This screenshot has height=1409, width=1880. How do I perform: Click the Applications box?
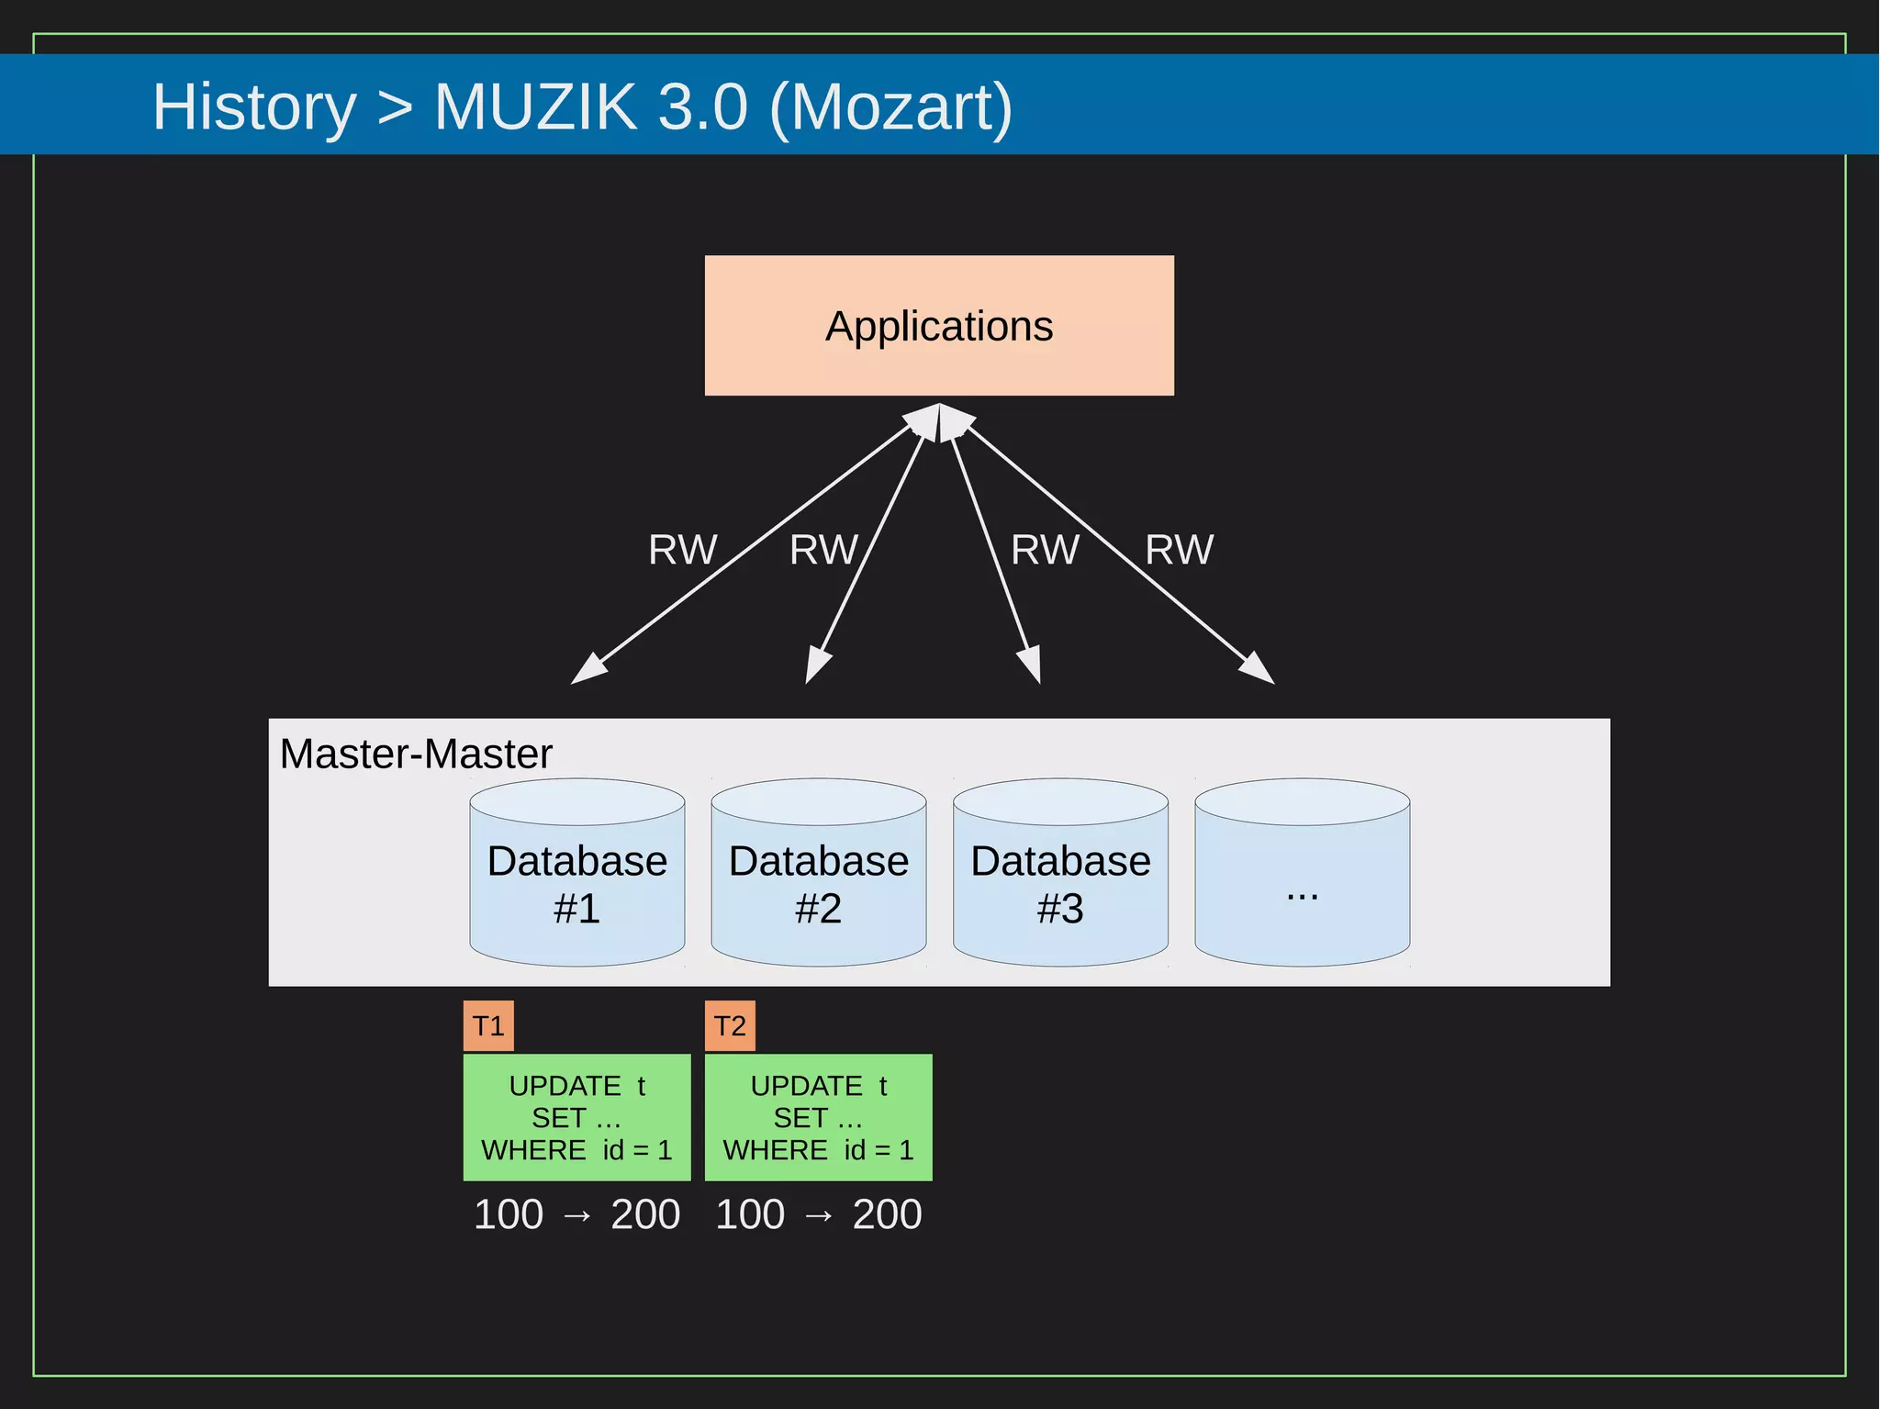(939, 326)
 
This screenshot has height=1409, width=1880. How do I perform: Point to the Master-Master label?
(416, 754)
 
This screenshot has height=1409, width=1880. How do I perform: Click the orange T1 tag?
(488, 1025)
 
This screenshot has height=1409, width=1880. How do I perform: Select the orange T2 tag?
(730, 1025)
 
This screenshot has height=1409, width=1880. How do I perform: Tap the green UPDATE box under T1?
(576, 1117)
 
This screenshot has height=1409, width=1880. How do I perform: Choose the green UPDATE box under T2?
(818, 1117)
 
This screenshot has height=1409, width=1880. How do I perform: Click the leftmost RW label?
(682, 550)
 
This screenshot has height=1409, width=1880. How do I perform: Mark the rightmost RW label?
(1179, 550)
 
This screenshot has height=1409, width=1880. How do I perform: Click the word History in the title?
(254, 107)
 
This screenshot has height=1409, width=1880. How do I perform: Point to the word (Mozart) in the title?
(890, 107)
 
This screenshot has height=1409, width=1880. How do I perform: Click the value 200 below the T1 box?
(645, 1214)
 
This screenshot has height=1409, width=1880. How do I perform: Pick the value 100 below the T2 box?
(750, 1214)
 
